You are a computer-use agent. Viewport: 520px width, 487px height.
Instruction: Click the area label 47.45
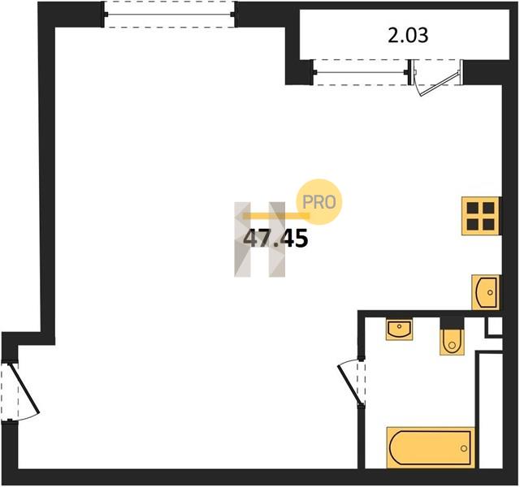coord(275,239)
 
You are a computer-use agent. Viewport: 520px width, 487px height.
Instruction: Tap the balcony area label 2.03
coord(408,35)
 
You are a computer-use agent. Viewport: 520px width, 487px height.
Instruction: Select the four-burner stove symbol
coord(480,216)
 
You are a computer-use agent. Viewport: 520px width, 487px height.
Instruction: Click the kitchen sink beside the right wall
coord(486,292)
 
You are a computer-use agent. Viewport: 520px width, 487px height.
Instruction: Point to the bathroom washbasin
coord(399,330)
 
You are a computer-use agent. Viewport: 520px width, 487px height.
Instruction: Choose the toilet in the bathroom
coord(452,342)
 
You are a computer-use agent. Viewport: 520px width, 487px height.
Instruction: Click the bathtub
coord(431,448)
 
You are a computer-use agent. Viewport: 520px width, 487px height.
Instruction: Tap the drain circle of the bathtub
coord(464,449)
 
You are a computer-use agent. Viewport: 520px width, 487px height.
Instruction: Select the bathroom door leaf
coord(349,384)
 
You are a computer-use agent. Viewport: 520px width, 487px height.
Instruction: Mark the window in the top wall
coord(170,15)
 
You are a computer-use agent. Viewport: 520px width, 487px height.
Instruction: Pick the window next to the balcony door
coord(361,72)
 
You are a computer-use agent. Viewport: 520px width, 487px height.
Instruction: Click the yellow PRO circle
coord(318,202)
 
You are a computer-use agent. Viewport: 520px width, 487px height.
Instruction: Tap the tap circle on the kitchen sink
coord(491,292)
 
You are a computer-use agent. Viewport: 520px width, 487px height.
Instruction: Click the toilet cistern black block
coord(452,323)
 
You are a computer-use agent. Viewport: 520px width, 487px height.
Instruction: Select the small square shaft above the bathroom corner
coord(495,326)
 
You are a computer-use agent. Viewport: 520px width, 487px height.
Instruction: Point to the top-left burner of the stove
coord(472,208)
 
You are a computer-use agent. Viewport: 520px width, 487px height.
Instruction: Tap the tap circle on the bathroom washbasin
coord(399,326)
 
